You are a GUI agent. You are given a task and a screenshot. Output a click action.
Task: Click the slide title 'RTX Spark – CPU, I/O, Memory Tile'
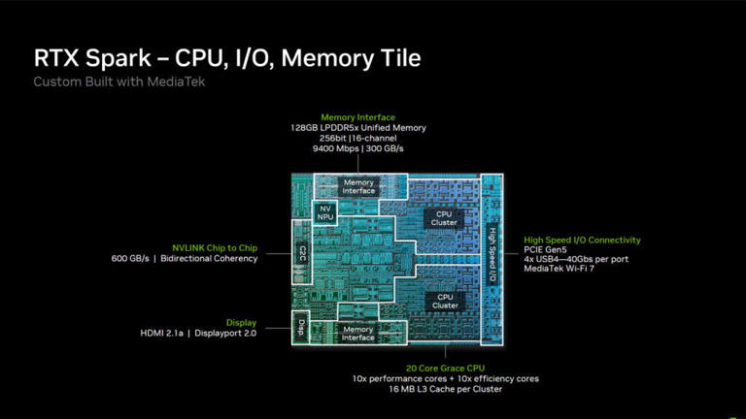[227, 58]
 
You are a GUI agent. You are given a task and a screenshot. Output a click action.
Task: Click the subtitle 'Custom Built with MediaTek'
[119, 81]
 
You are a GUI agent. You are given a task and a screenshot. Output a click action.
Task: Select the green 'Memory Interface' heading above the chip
[357, 117]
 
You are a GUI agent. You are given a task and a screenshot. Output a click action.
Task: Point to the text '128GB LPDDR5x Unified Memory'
[358, 128]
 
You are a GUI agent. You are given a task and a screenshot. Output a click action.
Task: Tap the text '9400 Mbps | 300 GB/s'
[357, 148]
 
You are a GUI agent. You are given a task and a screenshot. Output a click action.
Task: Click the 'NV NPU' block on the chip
[325, 212]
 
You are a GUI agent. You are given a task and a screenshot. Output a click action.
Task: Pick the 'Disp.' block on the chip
[301, 328]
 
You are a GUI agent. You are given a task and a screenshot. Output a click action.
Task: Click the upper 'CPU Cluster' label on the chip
[444, 218]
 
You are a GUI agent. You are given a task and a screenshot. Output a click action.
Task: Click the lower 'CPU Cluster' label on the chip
[445, 302]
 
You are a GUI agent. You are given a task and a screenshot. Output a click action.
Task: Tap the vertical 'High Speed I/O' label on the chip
[492, 256]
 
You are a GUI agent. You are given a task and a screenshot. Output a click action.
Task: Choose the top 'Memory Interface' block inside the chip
[358, 186]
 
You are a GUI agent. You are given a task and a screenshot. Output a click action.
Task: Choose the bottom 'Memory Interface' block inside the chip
[357, 334]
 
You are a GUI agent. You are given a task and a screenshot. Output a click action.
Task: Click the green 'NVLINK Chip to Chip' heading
[215, 248]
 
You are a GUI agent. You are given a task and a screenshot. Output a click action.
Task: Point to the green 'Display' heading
[241, 323]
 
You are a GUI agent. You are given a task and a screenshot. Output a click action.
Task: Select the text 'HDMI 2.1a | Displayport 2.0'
[198, 334]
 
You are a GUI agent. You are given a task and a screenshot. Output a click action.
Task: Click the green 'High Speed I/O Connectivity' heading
[583, 241]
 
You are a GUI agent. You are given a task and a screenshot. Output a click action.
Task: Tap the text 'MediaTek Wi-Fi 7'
[559, 269]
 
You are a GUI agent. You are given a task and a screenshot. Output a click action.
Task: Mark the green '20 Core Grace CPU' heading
[445, 369]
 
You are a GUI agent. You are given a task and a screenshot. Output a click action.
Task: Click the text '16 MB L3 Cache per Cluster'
[445, 389]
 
